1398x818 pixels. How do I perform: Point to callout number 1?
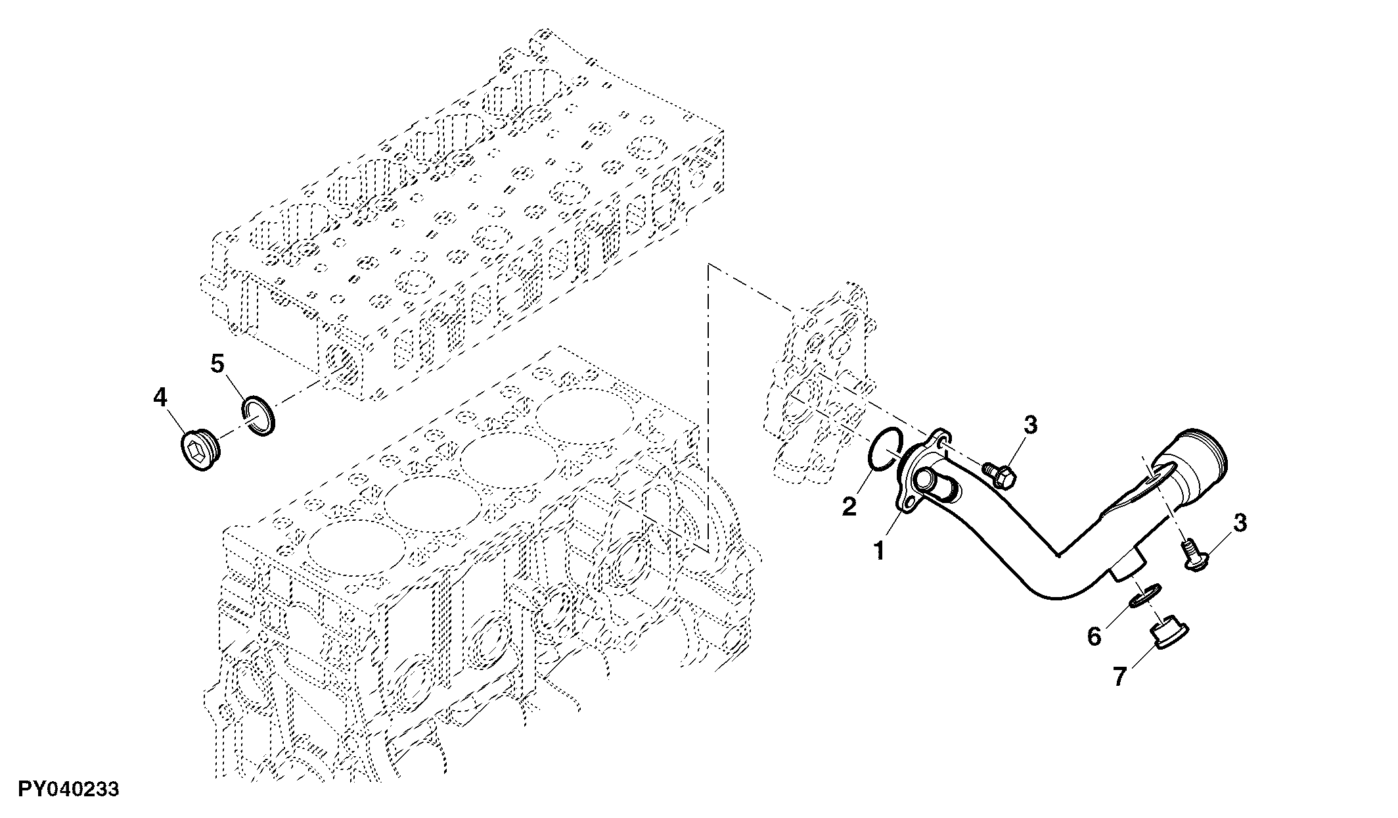[x=880, y=550]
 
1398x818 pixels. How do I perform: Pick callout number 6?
[x=1094, y=636]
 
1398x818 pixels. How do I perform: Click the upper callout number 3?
[x=1031, y=425]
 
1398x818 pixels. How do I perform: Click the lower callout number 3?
[x=1240, y=523]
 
